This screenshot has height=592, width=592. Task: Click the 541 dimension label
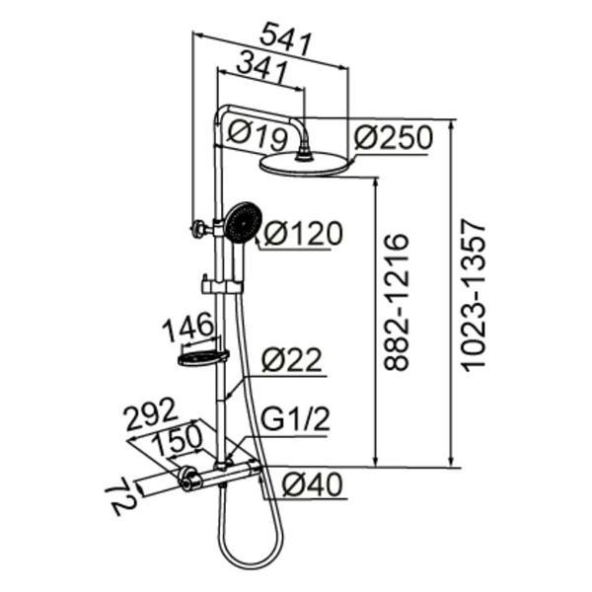point(287,39)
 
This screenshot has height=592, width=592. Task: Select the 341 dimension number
point(262,68)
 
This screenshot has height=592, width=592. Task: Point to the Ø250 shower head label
point(393,137)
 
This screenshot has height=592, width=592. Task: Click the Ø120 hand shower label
point(303,233)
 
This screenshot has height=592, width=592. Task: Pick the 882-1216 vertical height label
point(396,302)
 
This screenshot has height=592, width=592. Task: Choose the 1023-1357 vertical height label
point(475,295)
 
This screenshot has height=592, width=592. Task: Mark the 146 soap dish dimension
point(187,326)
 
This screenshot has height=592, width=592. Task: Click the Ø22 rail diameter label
point(292,359)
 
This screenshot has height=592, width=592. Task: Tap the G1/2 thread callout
point(296,419)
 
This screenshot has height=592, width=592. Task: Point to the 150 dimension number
point(178,439)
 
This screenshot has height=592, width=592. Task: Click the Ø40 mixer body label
point(313,484)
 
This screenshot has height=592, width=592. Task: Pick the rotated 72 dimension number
point(120,501)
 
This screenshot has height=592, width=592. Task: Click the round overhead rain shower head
point(305,164)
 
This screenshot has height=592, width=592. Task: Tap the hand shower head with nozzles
point(244,222)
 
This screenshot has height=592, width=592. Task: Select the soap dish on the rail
point(203,357)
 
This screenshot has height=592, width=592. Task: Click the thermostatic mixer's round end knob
point(189,479)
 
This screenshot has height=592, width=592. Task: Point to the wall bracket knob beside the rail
point(198,229)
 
